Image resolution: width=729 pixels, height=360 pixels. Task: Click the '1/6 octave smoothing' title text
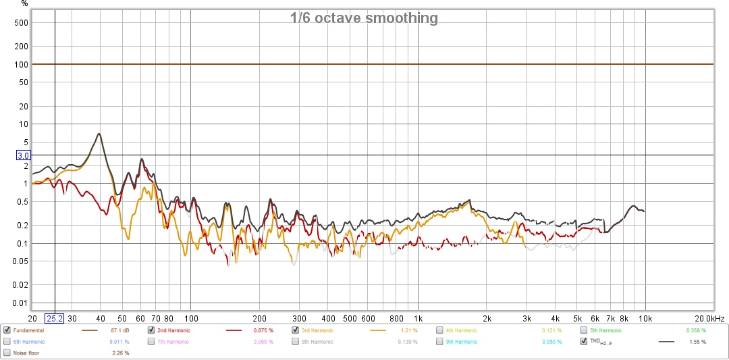point(364,18)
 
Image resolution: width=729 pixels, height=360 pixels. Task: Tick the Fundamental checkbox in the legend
point(7,330)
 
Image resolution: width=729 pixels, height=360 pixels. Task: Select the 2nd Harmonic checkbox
point(151,330)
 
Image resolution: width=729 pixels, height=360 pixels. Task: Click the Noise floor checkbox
point(7,353)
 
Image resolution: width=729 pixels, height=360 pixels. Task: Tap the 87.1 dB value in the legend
point(120,330)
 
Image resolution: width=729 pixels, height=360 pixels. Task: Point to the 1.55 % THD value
point(698,342)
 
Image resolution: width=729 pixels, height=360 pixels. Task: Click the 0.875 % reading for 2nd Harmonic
point(263,330)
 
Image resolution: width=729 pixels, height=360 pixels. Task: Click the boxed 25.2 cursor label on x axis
point(54,318)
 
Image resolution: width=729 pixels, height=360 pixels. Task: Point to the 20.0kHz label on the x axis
point(711,318)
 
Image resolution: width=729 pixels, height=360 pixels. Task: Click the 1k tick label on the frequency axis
point(418,318)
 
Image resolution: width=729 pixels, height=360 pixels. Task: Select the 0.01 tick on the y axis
point(23,303)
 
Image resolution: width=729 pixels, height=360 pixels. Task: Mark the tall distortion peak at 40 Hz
point(99,134)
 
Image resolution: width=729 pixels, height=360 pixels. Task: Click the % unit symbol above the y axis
point(24,4)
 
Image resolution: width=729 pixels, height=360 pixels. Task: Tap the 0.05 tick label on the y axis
point(23,261)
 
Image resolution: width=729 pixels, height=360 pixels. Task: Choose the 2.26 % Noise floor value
point(120,353)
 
